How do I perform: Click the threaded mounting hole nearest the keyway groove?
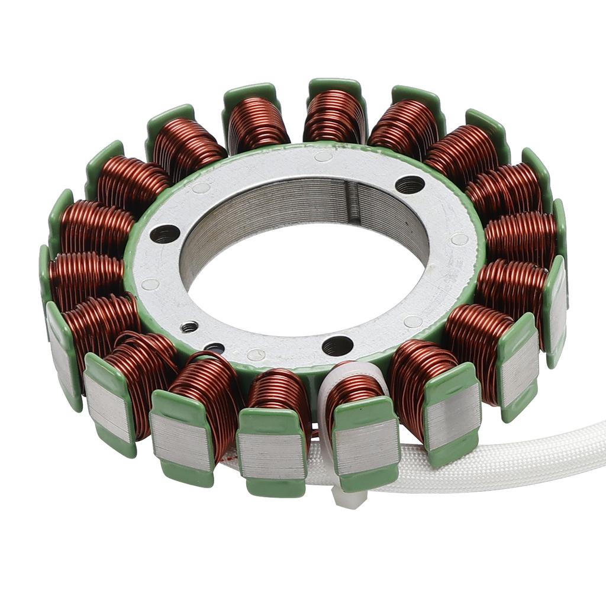(410, 185)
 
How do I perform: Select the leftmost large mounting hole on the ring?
(165, 234)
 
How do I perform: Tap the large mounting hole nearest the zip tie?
(337, 345)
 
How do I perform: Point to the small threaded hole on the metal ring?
(189, 326)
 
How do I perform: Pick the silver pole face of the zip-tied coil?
(366, 444)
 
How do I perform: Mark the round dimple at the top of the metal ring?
(323, 157)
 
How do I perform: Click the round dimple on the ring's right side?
(459, 240)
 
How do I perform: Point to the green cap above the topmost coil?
(335, 86)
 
